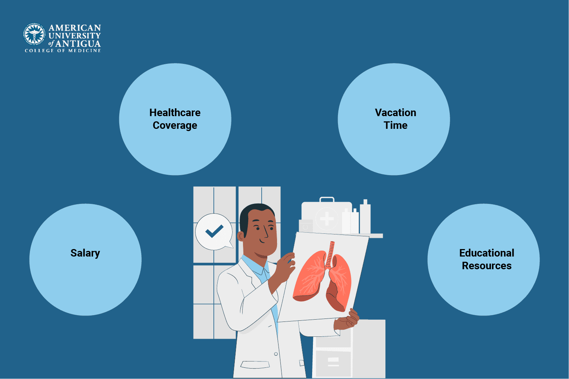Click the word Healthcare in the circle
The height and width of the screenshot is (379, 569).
click(175, 112)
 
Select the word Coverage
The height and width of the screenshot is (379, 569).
click(175, 125)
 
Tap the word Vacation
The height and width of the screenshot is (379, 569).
click(395, 112)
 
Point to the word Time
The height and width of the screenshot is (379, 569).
click(395, 125)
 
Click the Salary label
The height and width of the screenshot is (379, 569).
click(85, 253)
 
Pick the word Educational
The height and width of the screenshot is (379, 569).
click(486, 253)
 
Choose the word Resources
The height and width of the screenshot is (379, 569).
click(486, 266)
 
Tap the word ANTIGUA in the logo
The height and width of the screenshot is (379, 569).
click(78, 44)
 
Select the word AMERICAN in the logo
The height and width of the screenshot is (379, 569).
click(75, 28)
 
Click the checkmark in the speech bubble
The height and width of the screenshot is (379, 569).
click(214, 232)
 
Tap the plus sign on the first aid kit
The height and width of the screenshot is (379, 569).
click(327, 218)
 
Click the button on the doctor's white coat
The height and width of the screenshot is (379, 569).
click(276, 354)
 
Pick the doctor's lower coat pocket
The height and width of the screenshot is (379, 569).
click(255, 364)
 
